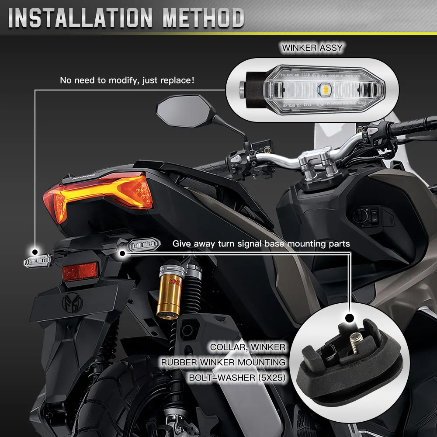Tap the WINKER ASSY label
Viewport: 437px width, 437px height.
coord(312,48)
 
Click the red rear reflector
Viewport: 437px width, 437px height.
coord(80,272)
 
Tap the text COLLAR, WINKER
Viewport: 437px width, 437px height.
coord(247,347)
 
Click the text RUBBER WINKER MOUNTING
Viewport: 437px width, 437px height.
coord(223,362)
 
